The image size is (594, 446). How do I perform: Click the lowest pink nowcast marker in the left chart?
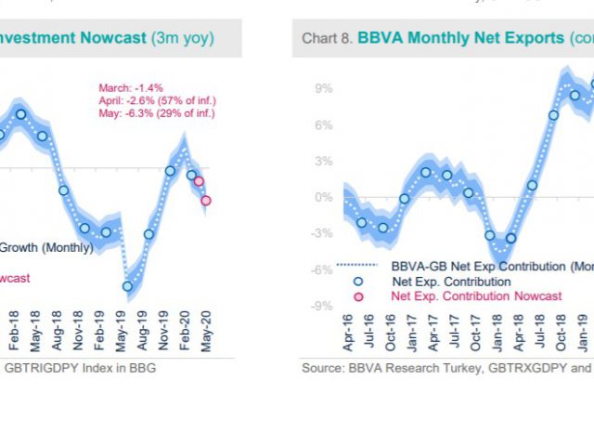206,200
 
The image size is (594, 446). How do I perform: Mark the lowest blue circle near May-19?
127,286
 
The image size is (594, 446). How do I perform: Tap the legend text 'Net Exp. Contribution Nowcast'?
476,295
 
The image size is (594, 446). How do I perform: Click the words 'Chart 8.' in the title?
328,38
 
